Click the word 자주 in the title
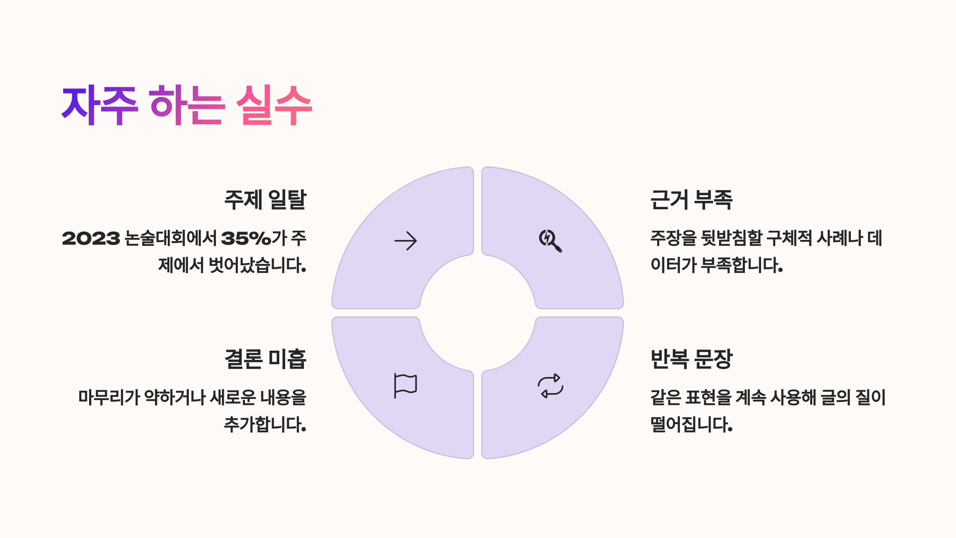click(x=100, y=105)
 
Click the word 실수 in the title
click(x=274, y=105)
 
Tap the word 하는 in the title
click(x=187, y=105)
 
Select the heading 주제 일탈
click(x=265, y=200)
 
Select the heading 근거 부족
click(x=691, y=200)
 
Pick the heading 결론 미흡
click(x=265, y=359)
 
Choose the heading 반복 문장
click(x=691, y=359)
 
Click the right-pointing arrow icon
click(x=406, y=241)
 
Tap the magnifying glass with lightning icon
click(x=550, y=241)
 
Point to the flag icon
click(x=405, y=385)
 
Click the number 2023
click(x=91, y=238)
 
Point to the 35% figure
click(x=246, y=238)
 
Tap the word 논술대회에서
click(x=170, y=238)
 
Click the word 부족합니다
click(x=742, y=265)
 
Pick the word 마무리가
click(x=109, y=397)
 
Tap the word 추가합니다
click(x=265, y=424)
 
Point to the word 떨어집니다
click(x=691, y=424)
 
